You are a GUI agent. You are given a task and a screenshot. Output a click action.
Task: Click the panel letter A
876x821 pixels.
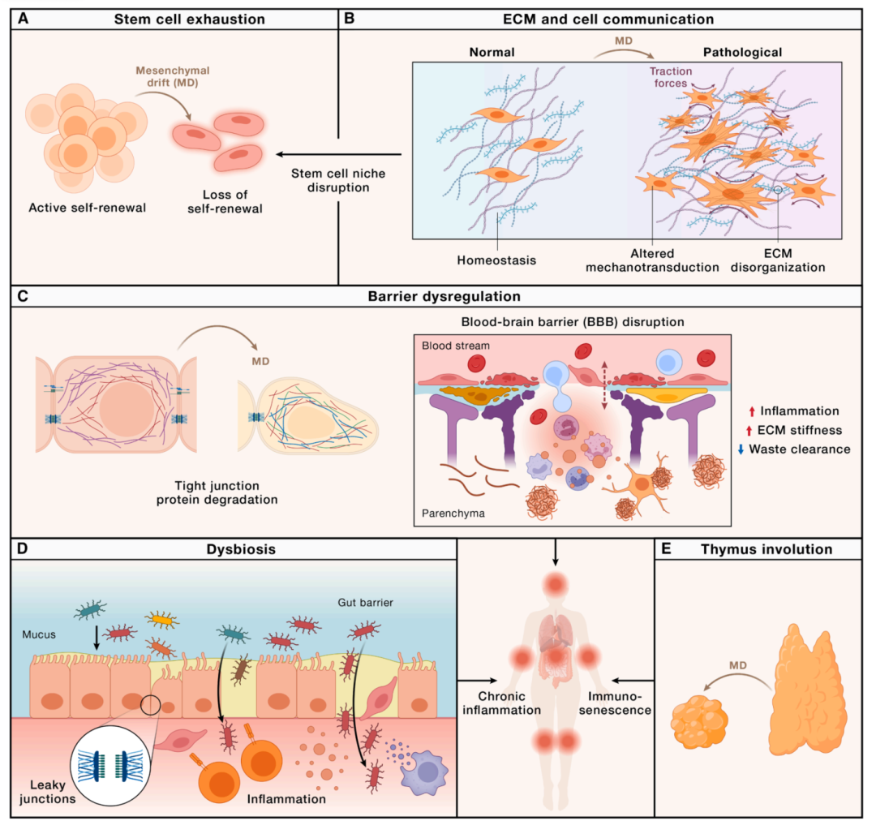click(x=24, y=19)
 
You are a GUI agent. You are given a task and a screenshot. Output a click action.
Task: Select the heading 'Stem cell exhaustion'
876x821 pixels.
click(x=189, y=19)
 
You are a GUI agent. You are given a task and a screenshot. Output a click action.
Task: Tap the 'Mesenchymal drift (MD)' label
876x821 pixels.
click(x=173, y=76)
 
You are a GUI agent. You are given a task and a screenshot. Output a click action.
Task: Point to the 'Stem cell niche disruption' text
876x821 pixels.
click(x=338, y=181)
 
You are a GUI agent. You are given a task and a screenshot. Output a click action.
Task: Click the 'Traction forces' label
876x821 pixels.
click(x=671, y=77)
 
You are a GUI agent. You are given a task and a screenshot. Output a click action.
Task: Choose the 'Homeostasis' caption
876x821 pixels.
click(x=496, y=260)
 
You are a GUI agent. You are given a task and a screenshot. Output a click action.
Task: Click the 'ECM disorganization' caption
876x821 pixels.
click(x=778, y=260)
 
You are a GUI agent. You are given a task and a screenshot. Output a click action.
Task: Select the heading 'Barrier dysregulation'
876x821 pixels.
click(x=444, y=296)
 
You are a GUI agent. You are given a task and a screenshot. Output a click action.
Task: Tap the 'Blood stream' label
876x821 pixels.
click(x=455, y=346)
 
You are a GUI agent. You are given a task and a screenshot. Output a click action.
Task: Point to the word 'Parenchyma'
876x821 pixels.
click(x=453, y=513)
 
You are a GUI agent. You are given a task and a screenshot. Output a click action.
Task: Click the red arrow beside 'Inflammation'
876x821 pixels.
click(x=752, y=412)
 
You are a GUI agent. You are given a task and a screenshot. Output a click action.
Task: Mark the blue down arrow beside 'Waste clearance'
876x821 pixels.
click(x=741, y=449)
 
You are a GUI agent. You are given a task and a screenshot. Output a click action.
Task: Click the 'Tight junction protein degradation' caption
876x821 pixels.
click(x=217, y=492)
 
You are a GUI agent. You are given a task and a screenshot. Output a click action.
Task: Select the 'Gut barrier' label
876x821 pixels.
click(x=365, y=603)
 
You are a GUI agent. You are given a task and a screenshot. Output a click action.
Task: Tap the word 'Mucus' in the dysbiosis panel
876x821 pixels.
click(x=39, y=634)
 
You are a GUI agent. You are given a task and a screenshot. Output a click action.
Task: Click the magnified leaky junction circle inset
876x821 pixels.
click(x=110, y=766)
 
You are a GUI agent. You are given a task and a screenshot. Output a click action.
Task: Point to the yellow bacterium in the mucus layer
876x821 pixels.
click(x=162, y=619)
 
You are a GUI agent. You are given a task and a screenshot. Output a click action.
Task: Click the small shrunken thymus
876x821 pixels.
click(x=699, y=721)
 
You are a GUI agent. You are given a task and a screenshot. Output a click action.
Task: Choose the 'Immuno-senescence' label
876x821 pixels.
click(x=615, y=703)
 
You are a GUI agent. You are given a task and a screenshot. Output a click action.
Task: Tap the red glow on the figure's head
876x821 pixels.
click(x=556, y=585)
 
